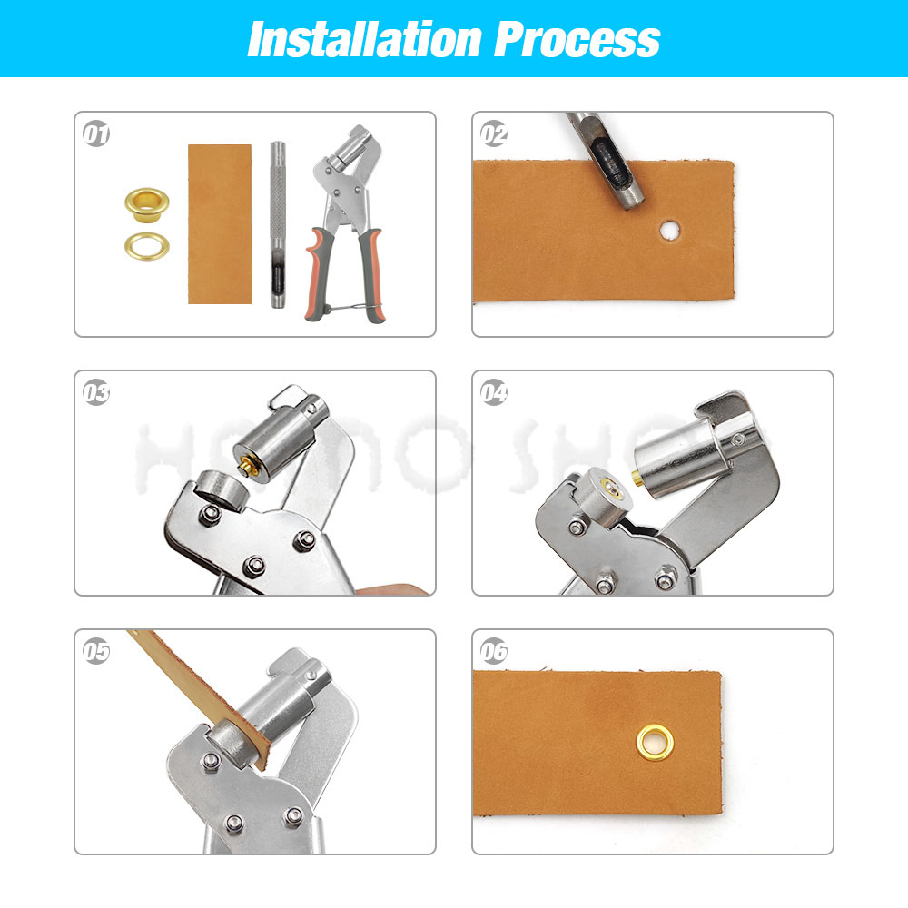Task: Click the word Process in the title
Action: click(577, 39)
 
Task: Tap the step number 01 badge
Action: click(96, 135)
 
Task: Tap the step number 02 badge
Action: click(494, 135)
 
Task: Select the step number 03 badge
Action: click(96, 393)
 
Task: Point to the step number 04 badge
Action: click(494, 393)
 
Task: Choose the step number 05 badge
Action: click(96, 652)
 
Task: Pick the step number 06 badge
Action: click(494, 652)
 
